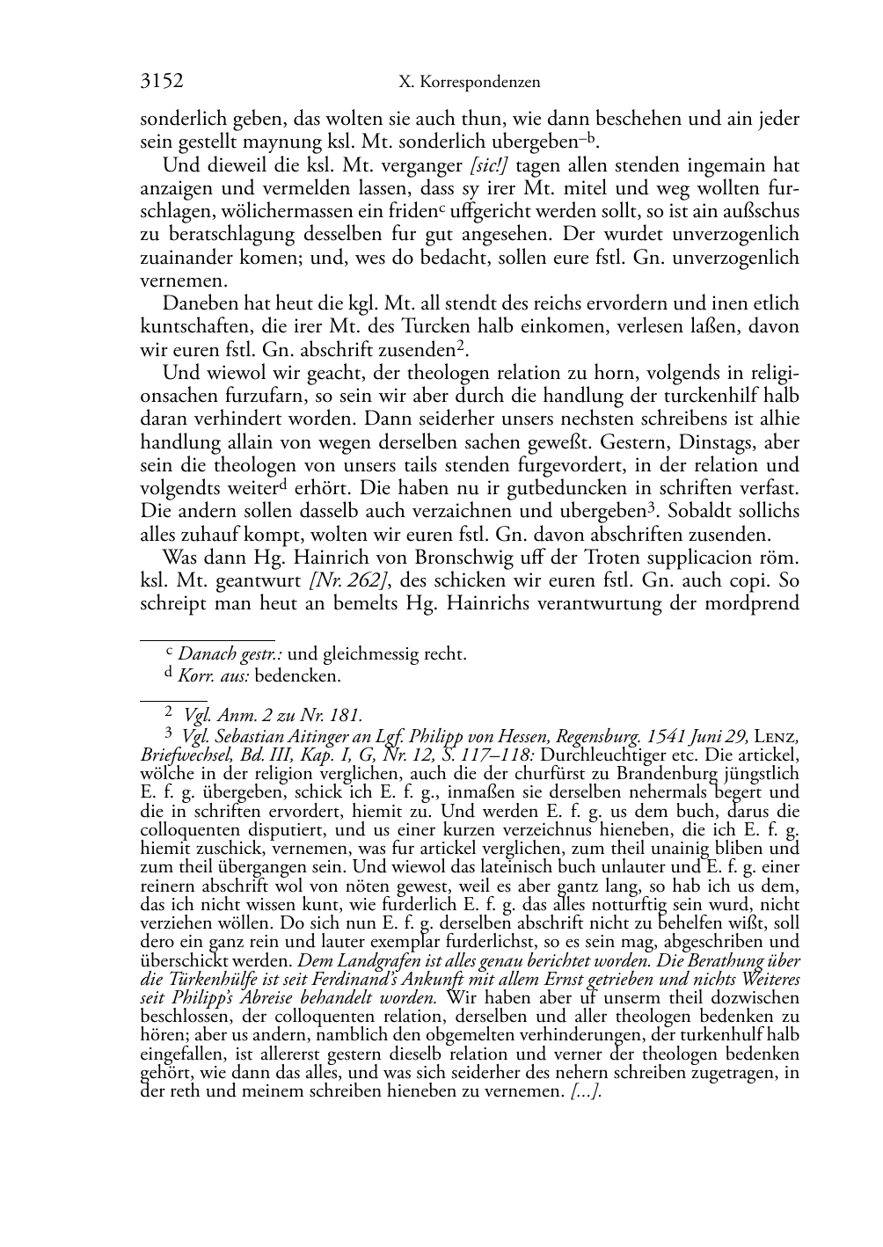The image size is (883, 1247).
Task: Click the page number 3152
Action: coord(162,82)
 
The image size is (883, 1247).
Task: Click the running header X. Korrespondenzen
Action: coord(469,83)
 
